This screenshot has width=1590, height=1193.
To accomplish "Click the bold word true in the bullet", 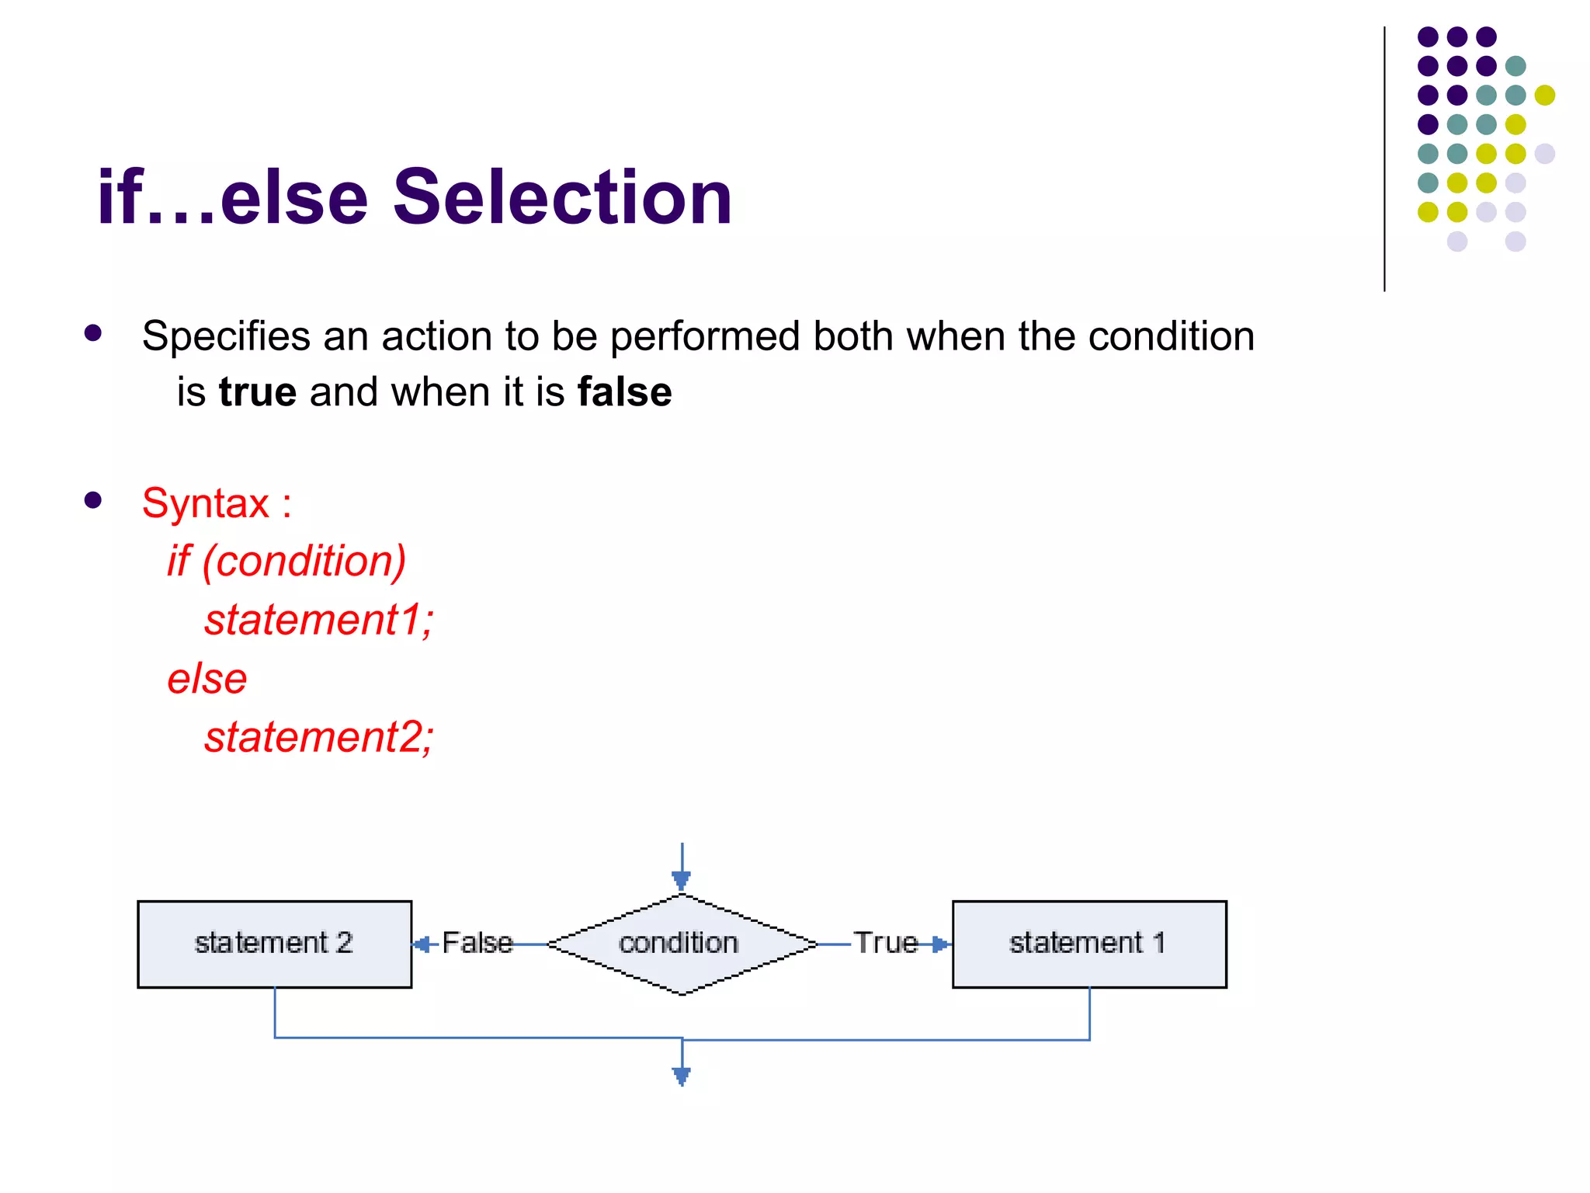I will (x=258, y=391).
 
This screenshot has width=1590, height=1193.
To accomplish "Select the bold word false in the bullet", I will (x=624, y=391).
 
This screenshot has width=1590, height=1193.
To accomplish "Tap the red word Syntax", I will (x=206, y=503).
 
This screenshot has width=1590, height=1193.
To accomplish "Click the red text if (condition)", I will (x=286, y=561).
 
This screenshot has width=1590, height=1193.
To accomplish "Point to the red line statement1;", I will (x=318, y=620).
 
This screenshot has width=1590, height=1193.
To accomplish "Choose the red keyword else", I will (x=207, y=679).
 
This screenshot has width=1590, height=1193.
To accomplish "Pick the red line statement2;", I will (x=318, y=737).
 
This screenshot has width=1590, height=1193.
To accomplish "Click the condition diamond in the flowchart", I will (x=681, y=944).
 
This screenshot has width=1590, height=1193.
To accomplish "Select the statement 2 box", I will (x=274, y=944).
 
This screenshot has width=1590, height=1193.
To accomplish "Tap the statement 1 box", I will (x=1088, y=944).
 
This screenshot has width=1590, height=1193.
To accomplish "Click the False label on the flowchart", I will (x=477, y=943).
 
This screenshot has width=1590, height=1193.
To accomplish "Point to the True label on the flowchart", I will (x=886, y=943).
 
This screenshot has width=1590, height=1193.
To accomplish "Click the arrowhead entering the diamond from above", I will (x=682, y=881).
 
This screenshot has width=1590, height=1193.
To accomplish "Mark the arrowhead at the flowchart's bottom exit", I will (x=682, y=1076).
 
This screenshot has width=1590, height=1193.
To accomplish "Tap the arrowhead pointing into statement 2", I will (x=422, y=944).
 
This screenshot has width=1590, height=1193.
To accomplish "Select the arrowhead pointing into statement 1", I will (x=940, y=944).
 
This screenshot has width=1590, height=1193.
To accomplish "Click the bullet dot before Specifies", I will (x=93, y=333).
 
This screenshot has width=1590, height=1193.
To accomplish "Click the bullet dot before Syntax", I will (x=93, y=500).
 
